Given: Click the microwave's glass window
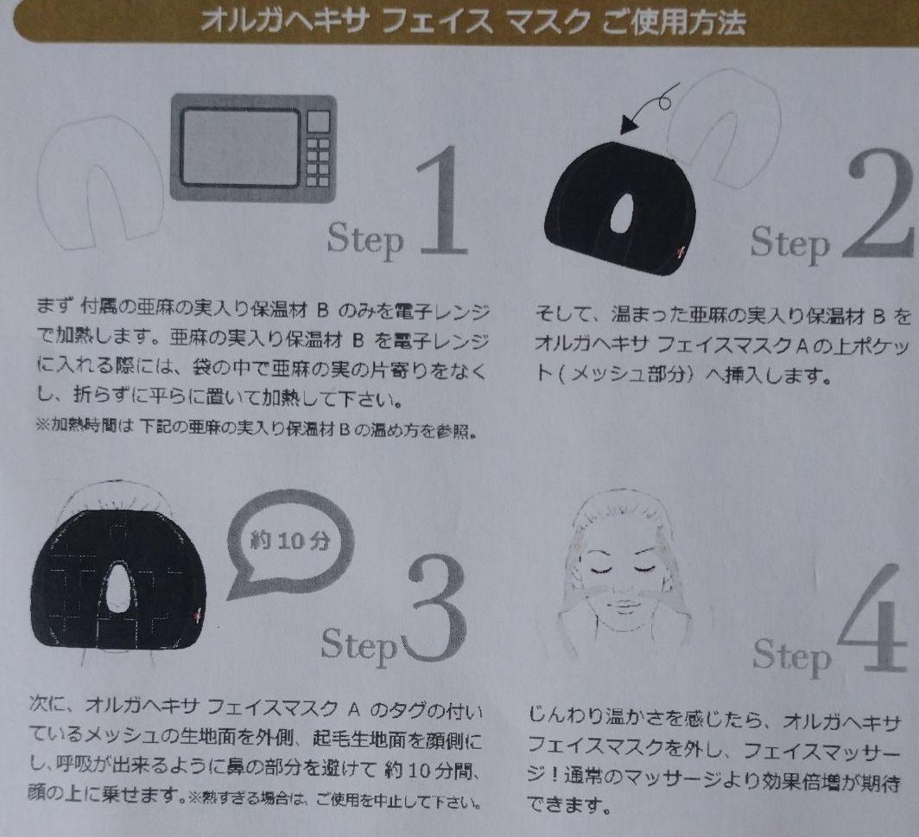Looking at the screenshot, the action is pos(240,147).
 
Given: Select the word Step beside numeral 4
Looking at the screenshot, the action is pos(792,656).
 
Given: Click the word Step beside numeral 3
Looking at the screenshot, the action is pos(359,645).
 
